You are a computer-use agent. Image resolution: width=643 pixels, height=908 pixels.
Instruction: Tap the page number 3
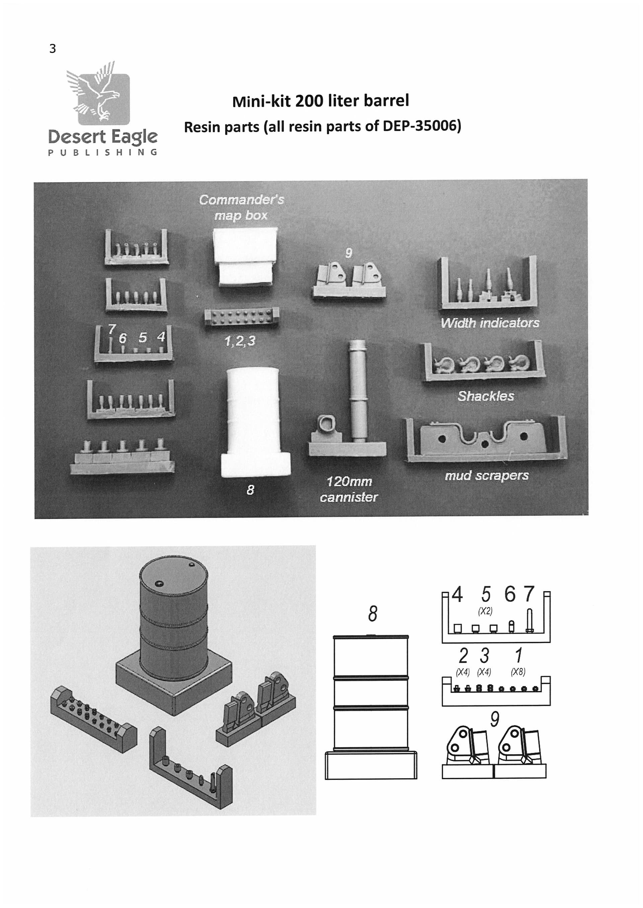[53, 48]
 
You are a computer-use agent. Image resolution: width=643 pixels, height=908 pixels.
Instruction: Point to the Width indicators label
[490, 323]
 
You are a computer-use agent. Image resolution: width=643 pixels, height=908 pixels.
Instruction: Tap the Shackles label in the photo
[486, 396]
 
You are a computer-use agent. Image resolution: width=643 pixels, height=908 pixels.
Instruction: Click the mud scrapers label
[487, 475]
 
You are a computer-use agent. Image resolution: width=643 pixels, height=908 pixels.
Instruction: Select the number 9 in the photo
[348, 253]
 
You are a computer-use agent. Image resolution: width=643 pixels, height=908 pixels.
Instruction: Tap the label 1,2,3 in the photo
[240, 341]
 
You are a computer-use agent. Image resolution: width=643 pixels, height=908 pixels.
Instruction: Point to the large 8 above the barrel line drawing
[373, 613]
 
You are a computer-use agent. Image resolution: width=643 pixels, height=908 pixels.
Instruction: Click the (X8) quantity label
[518, 672]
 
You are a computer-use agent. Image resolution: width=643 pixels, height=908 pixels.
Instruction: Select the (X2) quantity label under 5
[485, 611]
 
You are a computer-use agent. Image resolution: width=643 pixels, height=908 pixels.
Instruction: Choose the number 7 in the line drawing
[529, 594]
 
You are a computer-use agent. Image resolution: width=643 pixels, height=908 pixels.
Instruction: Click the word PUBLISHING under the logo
[103, 152]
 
